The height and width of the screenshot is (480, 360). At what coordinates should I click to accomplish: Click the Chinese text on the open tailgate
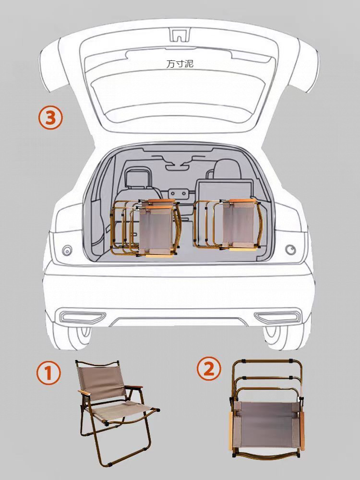tap(180, 63)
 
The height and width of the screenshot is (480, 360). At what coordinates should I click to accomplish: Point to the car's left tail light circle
tap(67, 250)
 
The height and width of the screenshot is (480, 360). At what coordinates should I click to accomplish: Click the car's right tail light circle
tap(290, 250)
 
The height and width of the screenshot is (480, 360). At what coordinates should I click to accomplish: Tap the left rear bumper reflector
tap(82, 317)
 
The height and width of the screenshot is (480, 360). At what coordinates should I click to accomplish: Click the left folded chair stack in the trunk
tap(144, 228)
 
